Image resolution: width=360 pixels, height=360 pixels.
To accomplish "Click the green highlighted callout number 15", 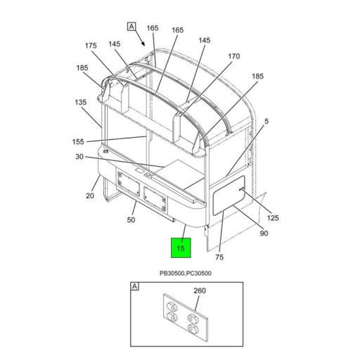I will coord(181,248).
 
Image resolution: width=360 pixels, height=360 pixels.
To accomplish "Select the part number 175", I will coord(91,46).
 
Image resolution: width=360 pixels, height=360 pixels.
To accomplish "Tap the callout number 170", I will coord(234,56).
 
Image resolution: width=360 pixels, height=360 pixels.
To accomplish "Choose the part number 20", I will coord(90,195).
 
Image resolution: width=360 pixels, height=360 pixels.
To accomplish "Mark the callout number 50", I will coord(131,221).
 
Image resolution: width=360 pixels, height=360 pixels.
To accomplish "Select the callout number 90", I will coord(264,233).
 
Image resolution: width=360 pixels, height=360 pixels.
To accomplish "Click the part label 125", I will coord(273,218).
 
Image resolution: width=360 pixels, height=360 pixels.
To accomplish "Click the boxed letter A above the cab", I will coord(131,27).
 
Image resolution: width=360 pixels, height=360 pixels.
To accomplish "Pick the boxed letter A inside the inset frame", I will coord(134,288).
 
